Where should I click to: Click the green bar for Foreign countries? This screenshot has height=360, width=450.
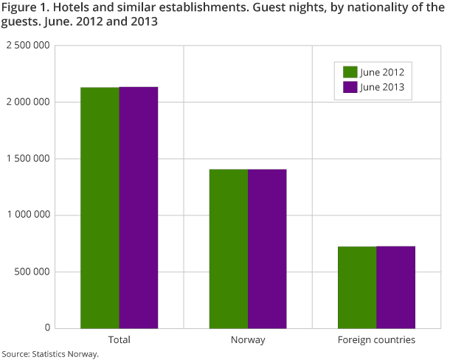click(x=356, y=287)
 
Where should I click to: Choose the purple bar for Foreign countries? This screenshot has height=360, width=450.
click(x=395, y=287)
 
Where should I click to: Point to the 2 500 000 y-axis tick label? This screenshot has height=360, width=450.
click(x=27, y=46)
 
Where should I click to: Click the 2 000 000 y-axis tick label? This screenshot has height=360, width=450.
click(x=27, y=102)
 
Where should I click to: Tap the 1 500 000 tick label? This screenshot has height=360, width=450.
click(x=27, y=159)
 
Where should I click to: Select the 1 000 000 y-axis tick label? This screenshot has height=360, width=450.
click(x=27, y=215)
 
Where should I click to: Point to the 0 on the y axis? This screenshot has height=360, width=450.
click(x=46, y=328)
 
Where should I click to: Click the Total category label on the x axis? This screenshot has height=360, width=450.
click(x=119, y=340)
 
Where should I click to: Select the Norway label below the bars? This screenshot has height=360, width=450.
click(x=247, y=340)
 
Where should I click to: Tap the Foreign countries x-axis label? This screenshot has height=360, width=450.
click(x=376, y=340)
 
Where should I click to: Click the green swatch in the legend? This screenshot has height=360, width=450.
click(x=350, y=72)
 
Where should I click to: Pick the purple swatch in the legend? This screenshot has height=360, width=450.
click(x=350, y=87)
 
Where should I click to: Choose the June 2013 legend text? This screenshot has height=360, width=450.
click(x=382, y=87)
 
